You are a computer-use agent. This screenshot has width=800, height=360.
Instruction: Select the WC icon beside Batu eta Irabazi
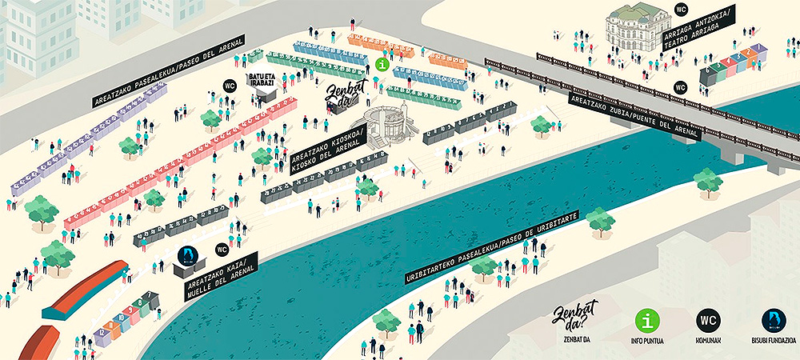point(230,86)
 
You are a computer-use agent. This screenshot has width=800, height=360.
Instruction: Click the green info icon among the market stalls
point(382,63)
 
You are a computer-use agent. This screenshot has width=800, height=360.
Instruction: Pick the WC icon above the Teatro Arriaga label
point(682,10)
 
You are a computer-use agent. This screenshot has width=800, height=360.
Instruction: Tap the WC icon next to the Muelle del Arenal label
point(222,250)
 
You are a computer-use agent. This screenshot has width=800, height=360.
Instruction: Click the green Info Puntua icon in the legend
point(646,320)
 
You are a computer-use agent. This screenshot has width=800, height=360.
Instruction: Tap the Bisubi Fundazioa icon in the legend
point(773,320)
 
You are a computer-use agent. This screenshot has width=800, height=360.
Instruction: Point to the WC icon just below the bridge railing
point(681,87)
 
